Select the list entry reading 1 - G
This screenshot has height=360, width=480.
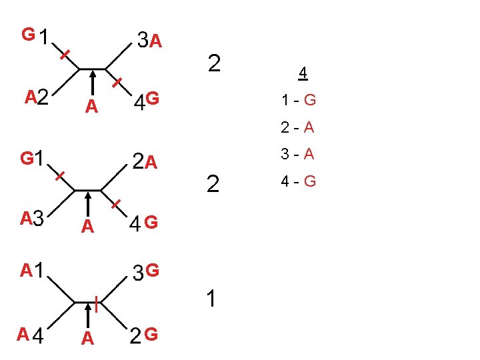click(298, 101)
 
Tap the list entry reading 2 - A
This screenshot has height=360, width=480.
click(298, 128)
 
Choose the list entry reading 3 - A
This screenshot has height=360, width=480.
click(298, 155)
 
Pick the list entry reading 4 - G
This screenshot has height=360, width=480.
click(298, 181)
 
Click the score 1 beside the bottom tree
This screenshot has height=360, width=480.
click(211, 300)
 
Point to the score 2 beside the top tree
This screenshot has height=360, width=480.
click(214, 63)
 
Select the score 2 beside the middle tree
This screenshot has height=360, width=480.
click(213, 184)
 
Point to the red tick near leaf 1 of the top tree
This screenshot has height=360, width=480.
click(65, 55)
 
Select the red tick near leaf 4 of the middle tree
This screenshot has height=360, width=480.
click(116, 203)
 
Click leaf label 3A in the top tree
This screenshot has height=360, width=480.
click(150, 41)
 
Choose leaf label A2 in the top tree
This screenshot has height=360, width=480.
click(37, 99)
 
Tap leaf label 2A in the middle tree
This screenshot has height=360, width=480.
click(145, 162)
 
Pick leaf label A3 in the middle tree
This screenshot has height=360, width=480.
click(31, 218)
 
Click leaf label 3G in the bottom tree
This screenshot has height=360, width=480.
click(145, 271)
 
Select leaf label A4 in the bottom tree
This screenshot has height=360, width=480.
click(31, 335)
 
